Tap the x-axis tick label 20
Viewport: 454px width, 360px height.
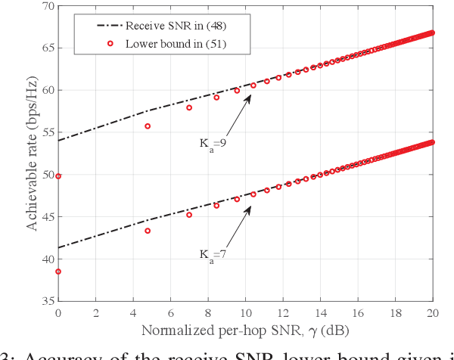pos(432,312)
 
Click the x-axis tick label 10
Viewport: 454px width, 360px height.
pos(245,312)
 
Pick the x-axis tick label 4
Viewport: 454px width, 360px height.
pos(133,312)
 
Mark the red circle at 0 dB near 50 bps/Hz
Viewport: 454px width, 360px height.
pos(59,175)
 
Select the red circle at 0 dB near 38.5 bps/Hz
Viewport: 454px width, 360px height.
pos(59,272)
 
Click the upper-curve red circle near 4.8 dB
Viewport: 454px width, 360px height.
pos(148,126)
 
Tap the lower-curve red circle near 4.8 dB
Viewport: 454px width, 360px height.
pos(148,231)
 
